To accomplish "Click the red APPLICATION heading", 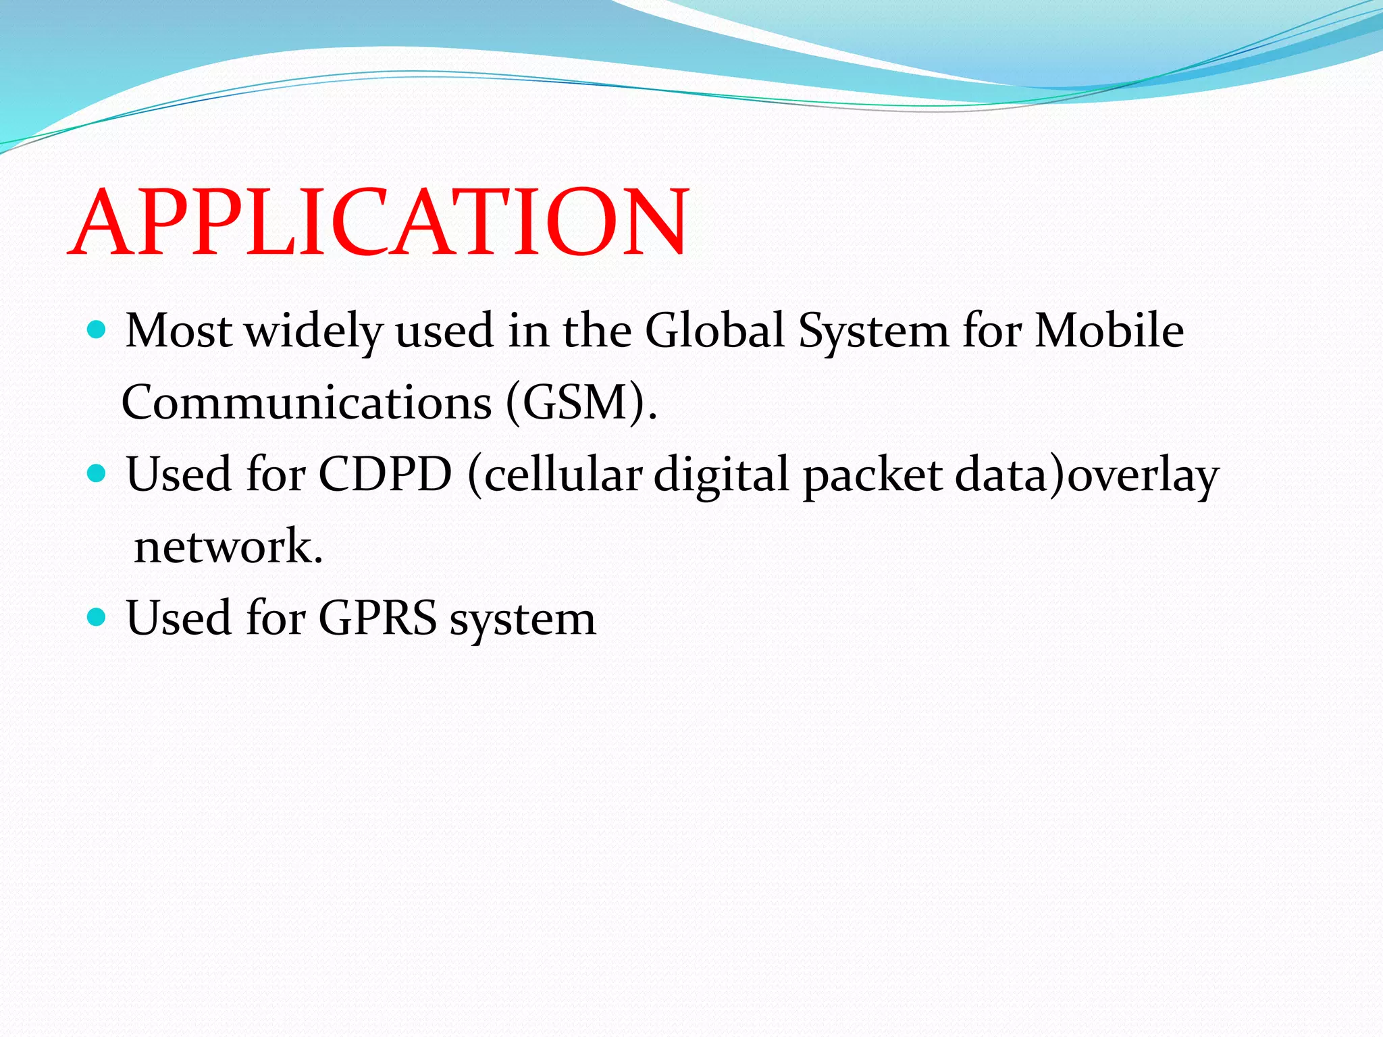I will click(378, 223).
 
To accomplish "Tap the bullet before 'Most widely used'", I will click(97, 329).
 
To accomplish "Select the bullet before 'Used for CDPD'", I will click(97, 473).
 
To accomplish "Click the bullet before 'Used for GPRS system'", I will click(97, 616).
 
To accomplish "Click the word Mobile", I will click(1109, 331).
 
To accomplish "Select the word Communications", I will click(307, 403).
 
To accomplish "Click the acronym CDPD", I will click(385, 475).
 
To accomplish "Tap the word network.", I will click(227, 546).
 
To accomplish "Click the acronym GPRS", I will click(378, 618).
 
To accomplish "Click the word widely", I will click(313, 332).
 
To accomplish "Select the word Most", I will click(179, 331).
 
